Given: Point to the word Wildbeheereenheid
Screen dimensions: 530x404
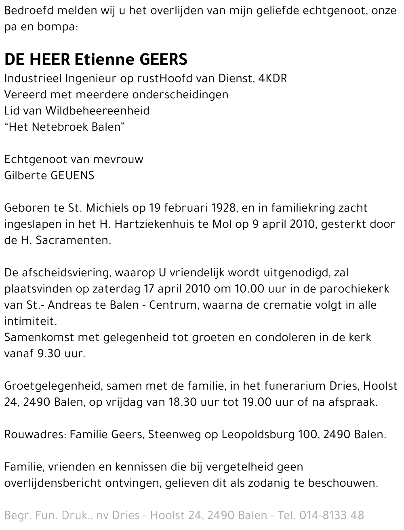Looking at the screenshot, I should point(97,110).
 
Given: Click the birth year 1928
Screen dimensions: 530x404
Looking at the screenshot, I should point(223,208).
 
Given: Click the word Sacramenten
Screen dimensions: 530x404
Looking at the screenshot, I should point(73,240).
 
